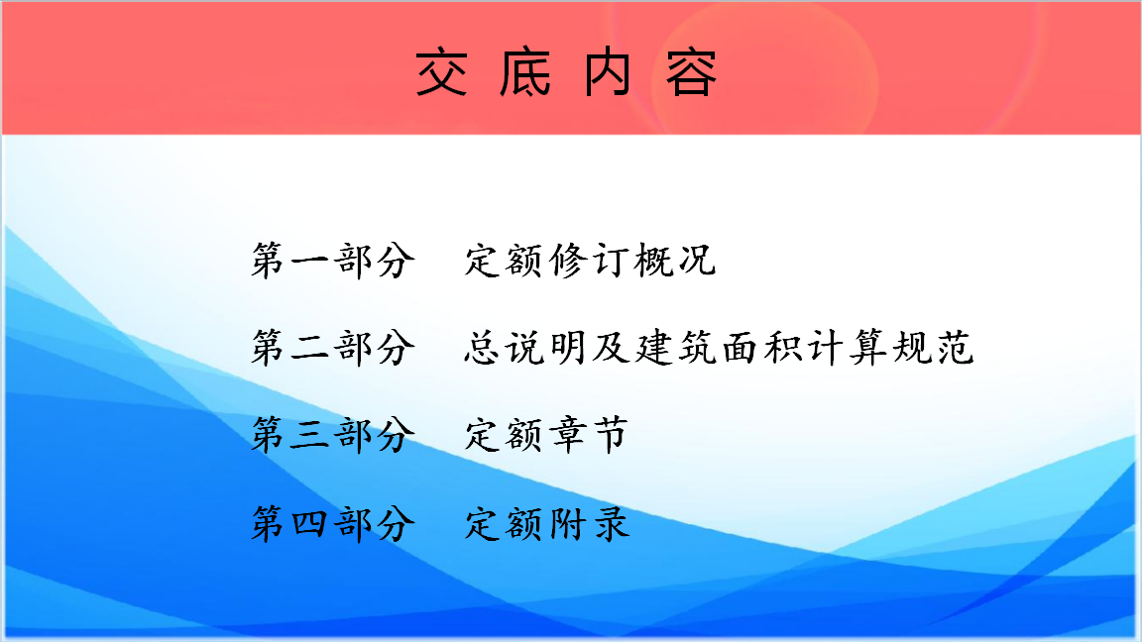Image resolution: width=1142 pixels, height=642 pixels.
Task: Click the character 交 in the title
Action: (x=441, y=72)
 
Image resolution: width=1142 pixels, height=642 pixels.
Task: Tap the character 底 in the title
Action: (x=525, y=72)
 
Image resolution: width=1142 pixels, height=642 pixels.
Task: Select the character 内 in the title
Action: (x=608, y=72)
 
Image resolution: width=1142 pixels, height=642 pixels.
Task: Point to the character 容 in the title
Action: (x=691, y=72)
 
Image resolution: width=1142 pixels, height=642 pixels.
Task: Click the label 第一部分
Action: (x=333, y=260)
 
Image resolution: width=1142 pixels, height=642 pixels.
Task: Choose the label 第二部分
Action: (x=333, y=347)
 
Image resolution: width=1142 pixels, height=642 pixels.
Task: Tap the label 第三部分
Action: (x=333, y=435)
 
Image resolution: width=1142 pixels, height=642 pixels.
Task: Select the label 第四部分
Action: (x=333, y=523)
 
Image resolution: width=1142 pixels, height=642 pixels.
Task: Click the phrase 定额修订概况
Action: (x=591, y=260)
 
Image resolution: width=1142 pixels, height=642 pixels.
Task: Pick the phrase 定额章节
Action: (x=546, y=435)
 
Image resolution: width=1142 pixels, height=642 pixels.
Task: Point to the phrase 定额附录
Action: (x=546, y=523)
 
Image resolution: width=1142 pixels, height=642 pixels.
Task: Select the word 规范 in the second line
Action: (x=933, y=347)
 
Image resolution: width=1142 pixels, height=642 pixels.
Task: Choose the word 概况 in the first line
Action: (x=675, y=260)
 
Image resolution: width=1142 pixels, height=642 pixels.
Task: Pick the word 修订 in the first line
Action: (x=589, y=260)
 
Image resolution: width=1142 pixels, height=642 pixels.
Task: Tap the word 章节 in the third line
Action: (x=589, y=435)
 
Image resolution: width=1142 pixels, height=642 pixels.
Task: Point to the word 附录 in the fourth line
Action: (x=589, y=523)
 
